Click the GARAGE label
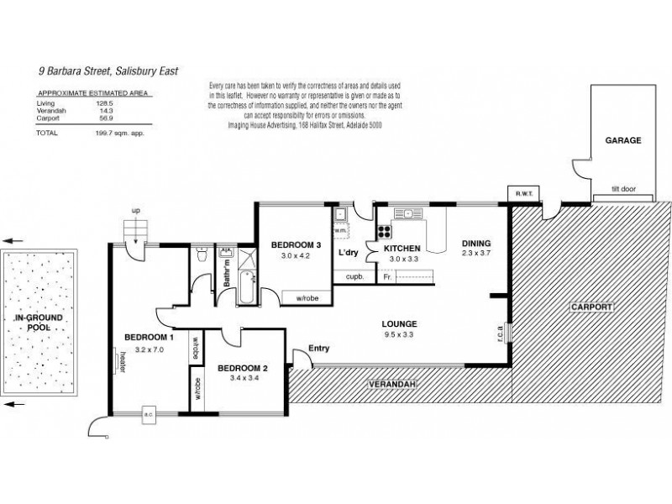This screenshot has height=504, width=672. click(623, 141)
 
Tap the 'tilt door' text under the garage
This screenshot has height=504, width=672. click(623, 189)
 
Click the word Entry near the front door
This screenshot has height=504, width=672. click(320, 348)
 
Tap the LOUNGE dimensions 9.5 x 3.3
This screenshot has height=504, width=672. click(397, 335)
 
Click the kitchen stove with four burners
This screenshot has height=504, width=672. click(385, 233)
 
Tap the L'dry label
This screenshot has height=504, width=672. click(349, 253)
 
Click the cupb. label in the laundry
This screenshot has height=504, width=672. click(354, 276)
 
